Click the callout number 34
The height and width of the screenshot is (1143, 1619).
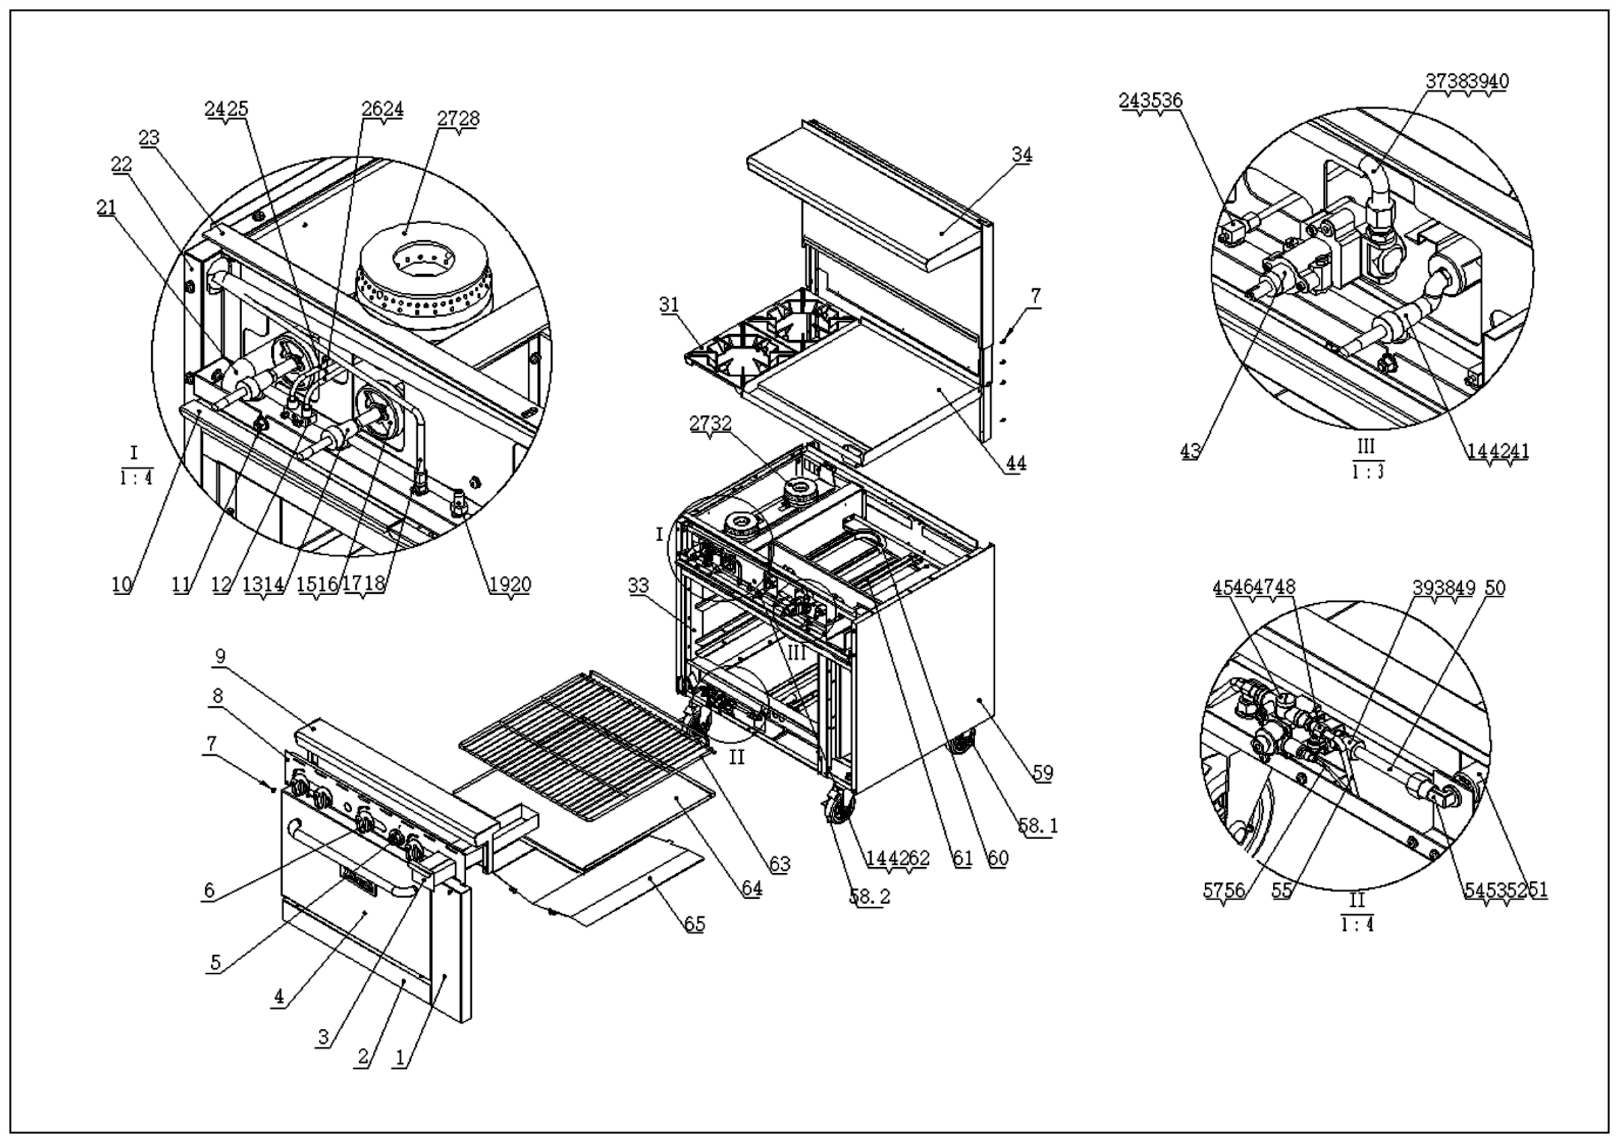[1022, 155]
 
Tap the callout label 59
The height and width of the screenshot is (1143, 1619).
[1042, 773]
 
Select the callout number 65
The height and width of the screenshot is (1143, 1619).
[695, 924]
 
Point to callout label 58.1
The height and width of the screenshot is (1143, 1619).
[1038, 825]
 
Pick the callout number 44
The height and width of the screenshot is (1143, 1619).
[1015, 464]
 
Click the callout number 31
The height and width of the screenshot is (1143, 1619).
[669, 304]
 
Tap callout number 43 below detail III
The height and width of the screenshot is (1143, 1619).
[1190, 451]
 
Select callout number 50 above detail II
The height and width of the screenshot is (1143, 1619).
[1494, 588]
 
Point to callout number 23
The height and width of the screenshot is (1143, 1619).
[149, 138]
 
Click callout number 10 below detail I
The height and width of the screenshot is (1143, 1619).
[122, 584]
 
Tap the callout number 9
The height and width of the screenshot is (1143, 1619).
[220, 657]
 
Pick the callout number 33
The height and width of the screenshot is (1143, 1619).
[637, 585]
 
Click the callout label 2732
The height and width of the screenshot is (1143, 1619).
[710, 424]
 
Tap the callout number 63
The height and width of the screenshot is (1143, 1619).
[779, 864]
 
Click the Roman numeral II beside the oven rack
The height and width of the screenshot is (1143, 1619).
[736, 758]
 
